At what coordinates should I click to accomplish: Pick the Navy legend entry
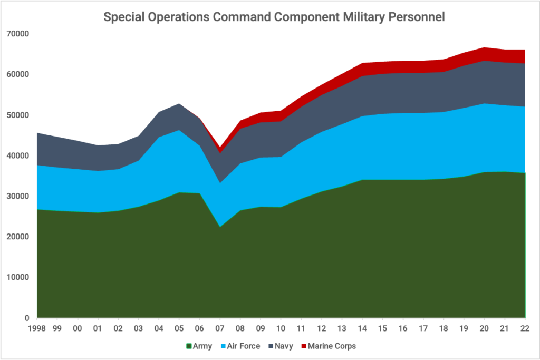[282, 346]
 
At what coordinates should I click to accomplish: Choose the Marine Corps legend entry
[327, 346]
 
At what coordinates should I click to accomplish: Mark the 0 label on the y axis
[26, 318]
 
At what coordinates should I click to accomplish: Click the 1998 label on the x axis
[37, 328]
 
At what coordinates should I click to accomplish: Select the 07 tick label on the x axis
[220, 328]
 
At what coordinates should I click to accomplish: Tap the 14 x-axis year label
[362, 328]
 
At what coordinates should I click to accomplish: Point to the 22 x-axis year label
[525, 328]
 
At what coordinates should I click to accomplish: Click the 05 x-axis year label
[179, 328]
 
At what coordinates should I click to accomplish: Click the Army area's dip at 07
[220, 227]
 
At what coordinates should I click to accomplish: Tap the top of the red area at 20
[485, 47]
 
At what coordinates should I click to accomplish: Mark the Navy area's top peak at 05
[179, 104]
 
